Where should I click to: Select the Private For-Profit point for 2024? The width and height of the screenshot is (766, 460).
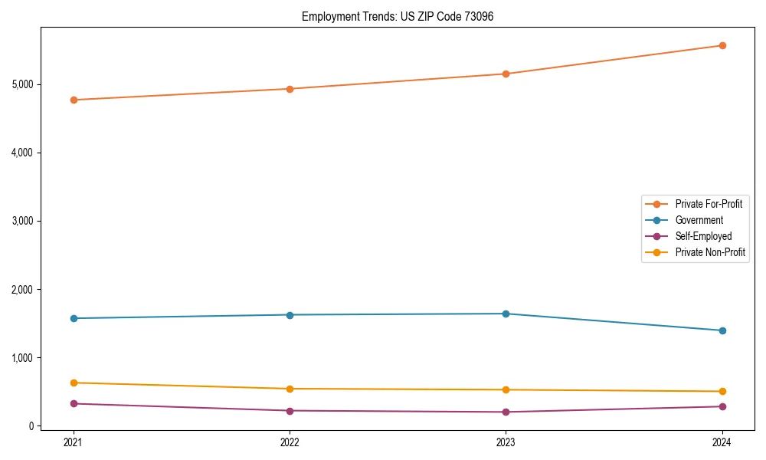click(x=722, y=45)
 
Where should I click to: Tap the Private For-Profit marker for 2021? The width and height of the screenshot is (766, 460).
click(x=74, y=100)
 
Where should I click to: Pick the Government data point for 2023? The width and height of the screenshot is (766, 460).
click(x=506, y=314)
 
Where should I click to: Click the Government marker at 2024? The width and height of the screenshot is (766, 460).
click(x=722, y=330)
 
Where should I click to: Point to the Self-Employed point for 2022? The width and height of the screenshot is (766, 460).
click(x=290, y=411)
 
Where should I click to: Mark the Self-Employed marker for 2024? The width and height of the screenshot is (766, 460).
click(x=722, y=406)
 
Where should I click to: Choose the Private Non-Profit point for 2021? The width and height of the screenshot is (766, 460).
click(x=74, y=383)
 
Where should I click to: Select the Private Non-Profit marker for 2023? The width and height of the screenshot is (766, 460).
click(x=506, y=389)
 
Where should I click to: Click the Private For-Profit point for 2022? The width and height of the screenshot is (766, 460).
click(x=290, y=89)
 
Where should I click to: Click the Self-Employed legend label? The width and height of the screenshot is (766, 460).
click(x=703, y=236)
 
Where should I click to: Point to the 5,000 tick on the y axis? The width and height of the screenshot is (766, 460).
click(x=22, y=84)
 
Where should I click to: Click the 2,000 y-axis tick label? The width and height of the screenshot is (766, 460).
click(x=22, y=290)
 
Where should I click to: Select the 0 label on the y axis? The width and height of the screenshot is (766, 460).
click(x=31, y=426)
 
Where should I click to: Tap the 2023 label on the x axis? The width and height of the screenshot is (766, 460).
click(x=506, y=442)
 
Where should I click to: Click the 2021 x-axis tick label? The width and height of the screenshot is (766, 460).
click(x=74, y=442)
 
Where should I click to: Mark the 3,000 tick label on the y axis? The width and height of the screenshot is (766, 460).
click(x=22, y=221)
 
